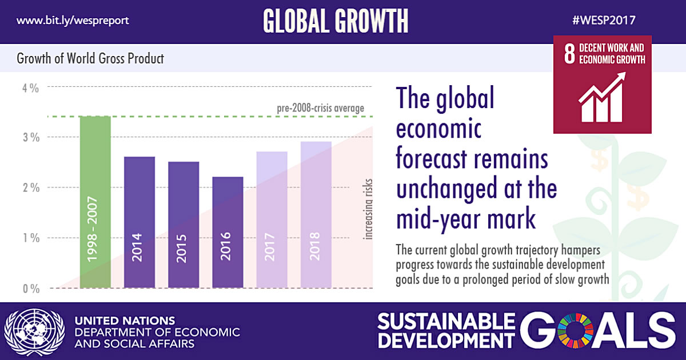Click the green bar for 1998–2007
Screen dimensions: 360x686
(x=95, y=202)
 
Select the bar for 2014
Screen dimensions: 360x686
(x=139, y=222)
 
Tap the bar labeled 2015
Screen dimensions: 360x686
(x=184, y=225)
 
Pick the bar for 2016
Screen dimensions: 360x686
(x=228, y=233)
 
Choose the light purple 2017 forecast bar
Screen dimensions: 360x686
(x=272, y=220)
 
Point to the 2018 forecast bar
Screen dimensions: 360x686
(x=316, y=215)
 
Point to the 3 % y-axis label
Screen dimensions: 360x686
(x=30, y=138)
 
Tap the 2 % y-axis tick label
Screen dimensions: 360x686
(x=30, y=188)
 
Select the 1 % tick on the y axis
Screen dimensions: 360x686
(x=30, y=238)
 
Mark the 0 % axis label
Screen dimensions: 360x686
(x=30, y=289)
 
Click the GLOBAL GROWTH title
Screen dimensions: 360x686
(x=336, y=21)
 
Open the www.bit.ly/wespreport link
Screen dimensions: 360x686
(x=73, y=21)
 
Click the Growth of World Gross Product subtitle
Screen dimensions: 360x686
(x=90, y=58)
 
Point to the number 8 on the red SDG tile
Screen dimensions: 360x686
(x=569, y=54)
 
